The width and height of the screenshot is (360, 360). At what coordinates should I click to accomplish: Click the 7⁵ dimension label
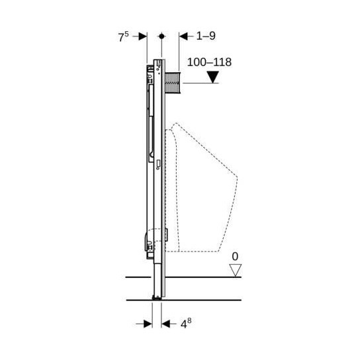pos(123,37)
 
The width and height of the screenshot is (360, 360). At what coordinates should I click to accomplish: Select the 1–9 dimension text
pos(206,36)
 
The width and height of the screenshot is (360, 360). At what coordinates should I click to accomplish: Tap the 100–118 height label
pos(209,62)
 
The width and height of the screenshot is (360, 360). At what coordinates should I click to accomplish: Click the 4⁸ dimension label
pos(186,324)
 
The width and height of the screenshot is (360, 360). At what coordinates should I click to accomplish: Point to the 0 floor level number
pos(235,257)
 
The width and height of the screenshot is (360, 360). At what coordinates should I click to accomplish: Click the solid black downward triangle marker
pos(213,77)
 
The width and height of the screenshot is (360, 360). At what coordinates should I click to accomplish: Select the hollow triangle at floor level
pos(236,270)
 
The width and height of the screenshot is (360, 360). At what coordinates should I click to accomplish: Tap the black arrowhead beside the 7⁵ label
pos(143,36)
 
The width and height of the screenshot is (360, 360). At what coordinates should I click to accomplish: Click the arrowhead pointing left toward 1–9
pos(183,36)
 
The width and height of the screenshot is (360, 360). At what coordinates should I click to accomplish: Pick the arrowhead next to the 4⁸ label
pos(165,324)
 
